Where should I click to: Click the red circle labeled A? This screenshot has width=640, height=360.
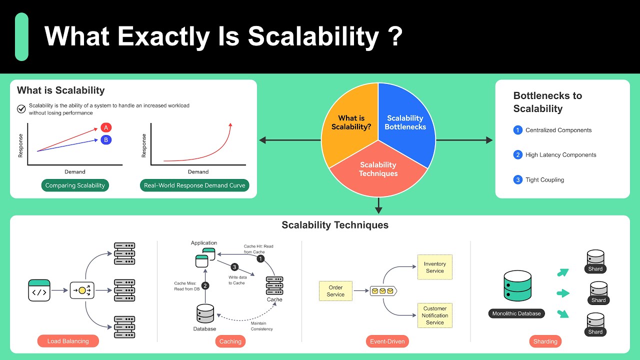click(x=106, y=127)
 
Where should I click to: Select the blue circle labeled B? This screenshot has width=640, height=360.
click(x=106, y=140)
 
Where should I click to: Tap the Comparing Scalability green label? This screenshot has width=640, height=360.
click(x=75, y=185)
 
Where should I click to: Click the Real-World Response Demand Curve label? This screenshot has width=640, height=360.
click(x=194, y=185)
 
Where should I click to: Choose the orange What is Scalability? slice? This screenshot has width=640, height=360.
click(x=351, y=122)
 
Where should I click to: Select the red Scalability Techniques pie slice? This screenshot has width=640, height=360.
click(x=378, y=169)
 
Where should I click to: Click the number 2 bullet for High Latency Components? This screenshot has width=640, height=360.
click(x=517, y=155)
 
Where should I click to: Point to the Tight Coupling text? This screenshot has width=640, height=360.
click(x=544, y=180)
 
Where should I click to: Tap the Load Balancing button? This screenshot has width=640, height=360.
click(x=68, y=341)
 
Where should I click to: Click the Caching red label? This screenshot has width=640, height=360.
click(x=230, y=341)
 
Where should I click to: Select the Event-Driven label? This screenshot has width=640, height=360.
click(x=387, y=341)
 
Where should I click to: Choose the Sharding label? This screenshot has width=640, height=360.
click(x=545, y=341)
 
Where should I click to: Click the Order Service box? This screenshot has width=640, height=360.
click(x=335, y=291)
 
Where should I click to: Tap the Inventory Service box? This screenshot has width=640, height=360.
click(x=434, y=267)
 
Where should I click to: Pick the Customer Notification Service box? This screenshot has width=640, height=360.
click(x=434, y=315)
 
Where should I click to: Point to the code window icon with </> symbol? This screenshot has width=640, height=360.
click(x=39, y=290)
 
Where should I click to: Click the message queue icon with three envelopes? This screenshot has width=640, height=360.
click(x=382, y=291)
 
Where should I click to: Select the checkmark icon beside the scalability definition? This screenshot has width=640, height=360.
click(x=21, y=109)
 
